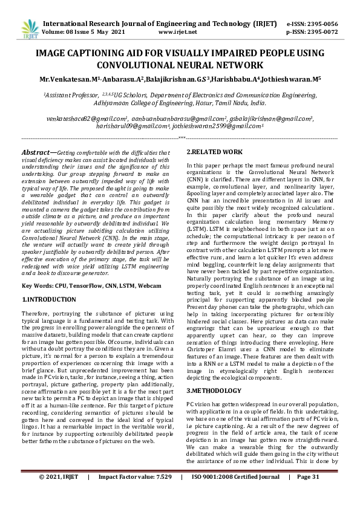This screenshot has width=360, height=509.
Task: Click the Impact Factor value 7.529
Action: (x=160, y=494)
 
